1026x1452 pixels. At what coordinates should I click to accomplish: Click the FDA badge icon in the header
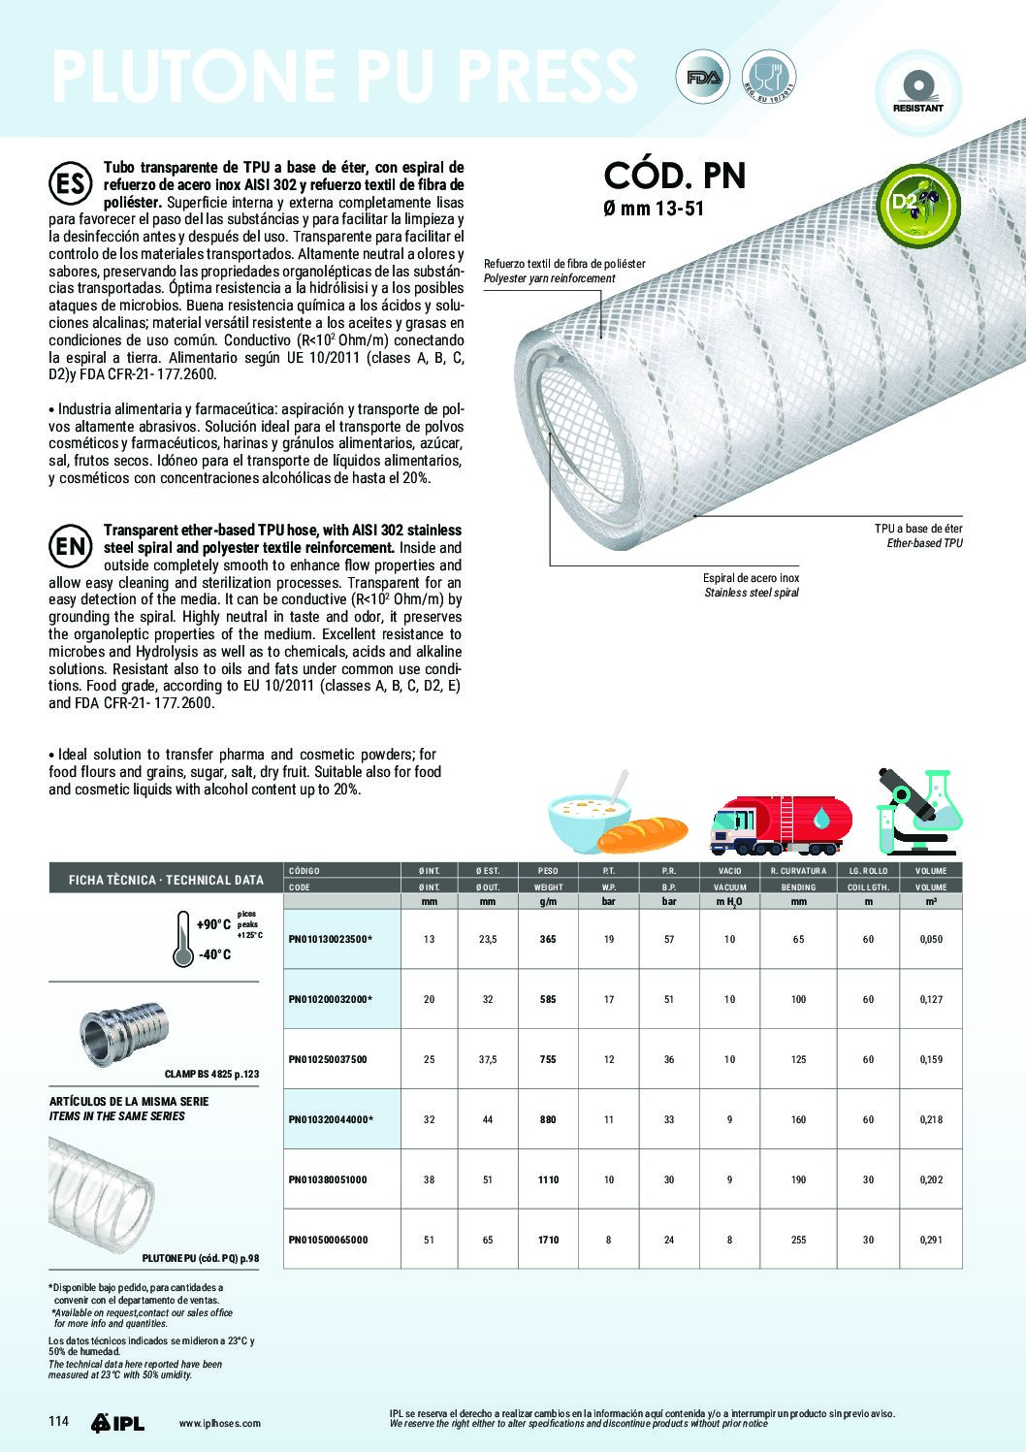tap(703, 78)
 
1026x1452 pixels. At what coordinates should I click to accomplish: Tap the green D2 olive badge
tap(916, 205)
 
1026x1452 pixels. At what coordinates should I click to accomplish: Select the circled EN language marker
tap(70, 546)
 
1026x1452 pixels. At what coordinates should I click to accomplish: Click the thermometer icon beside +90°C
tap(181, 939)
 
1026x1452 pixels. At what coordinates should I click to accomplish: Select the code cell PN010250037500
tap(328, 1059)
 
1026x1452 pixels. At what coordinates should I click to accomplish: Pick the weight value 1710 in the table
tap(548, 1240)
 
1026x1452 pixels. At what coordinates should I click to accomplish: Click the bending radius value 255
tap(798, 1240)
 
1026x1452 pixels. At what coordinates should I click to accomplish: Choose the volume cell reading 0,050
tap(931, 939)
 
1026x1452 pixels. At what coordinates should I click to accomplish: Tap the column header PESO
tap(548, 871)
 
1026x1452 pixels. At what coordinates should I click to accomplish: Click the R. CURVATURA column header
tap(798, 871)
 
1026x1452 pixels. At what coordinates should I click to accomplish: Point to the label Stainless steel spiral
tap(752, 593)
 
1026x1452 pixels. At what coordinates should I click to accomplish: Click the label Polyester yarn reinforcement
tap(549, 278)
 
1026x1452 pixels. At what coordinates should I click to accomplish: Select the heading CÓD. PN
tap(675, 177)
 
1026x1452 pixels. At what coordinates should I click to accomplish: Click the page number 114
tap(59, 1422)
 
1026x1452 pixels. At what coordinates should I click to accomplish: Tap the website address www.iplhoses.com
tap(220, 1423)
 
